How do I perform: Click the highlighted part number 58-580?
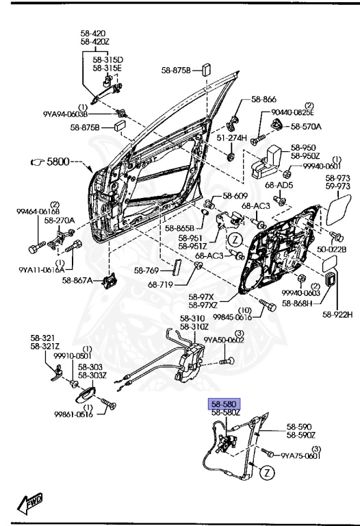click(x=224, y=404)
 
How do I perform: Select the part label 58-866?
click(x=263, y=99)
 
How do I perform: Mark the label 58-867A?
click(x=77, y=279)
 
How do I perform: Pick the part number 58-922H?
click(x=339, y=315)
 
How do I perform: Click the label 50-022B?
click(x=333, y=249)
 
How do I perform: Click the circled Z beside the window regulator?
click(x=268, y=472)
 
